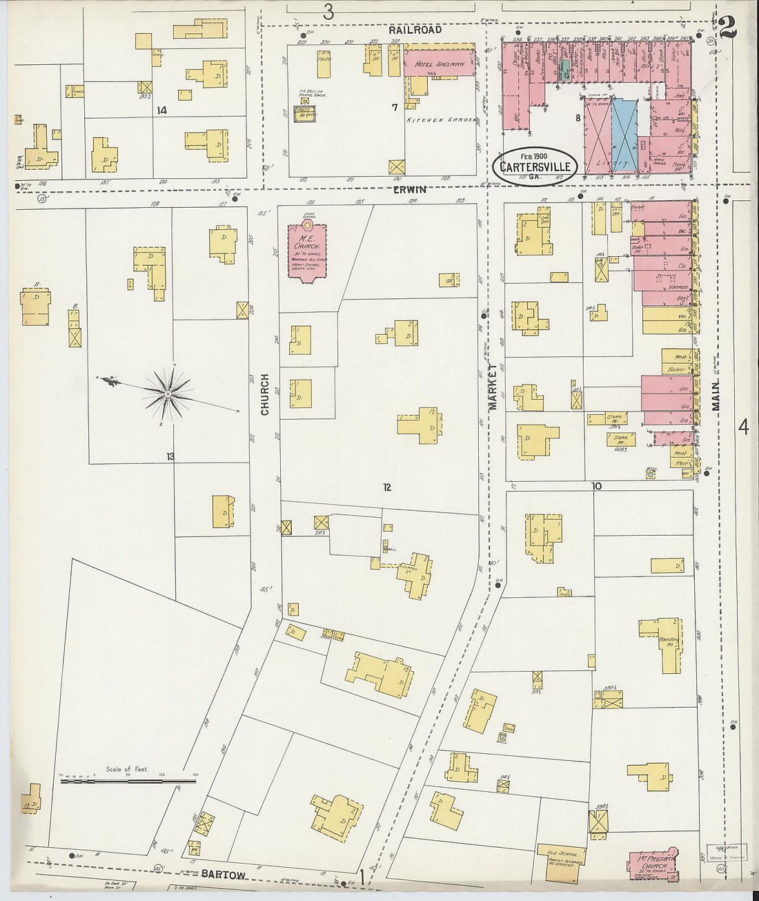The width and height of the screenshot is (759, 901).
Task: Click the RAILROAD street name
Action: pos(414,30)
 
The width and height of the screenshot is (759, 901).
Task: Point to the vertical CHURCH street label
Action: pos(265,394)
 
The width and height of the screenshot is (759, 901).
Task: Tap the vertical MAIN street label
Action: pos(716,394)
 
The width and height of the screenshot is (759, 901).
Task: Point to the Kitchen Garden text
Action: pos(440,120)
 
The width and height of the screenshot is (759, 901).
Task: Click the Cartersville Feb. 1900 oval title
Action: pos(535,166)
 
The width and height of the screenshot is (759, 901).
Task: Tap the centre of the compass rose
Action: pos(168,394)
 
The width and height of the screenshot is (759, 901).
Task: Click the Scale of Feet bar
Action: pos(128,782)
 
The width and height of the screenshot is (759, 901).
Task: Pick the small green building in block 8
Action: pos(565,68)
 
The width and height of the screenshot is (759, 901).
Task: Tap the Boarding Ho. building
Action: pos(666,643)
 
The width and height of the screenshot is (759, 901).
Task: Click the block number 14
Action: pos(162,110)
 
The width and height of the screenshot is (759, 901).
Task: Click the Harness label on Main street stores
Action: pos(678,287)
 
